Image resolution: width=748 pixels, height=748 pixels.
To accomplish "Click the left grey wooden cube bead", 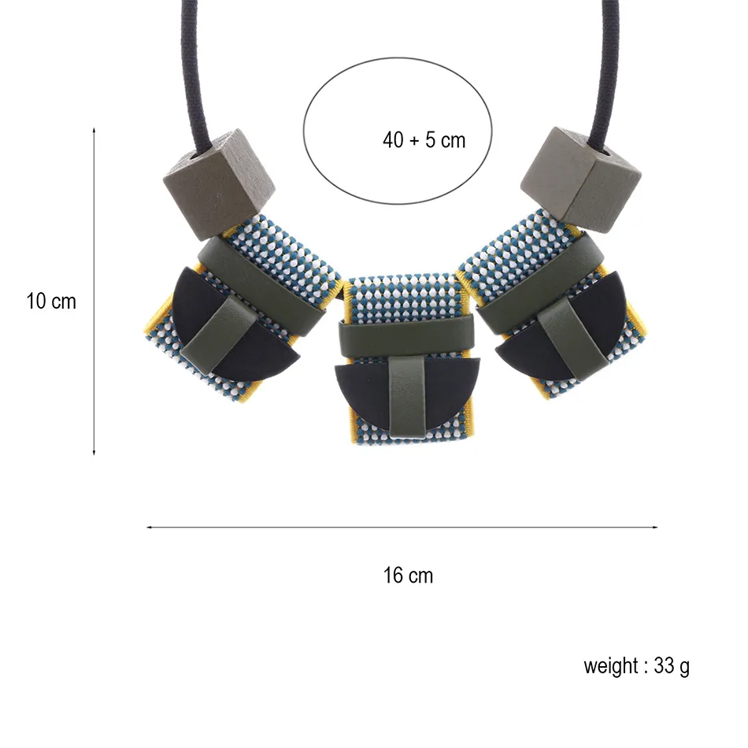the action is click(219, 184).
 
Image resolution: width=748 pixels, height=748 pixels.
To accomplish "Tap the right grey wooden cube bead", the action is click(581, 180).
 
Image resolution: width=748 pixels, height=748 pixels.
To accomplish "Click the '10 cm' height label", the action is click(51, 302).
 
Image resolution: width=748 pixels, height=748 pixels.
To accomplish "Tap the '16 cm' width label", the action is click(409, 576).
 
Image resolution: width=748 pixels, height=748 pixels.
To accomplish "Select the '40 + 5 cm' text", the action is click(424, 140).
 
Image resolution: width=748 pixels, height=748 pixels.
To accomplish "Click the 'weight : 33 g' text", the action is click(636, 666).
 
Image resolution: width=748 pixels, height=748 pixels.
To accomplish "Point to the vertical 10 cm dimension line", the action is click(94, 291).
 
